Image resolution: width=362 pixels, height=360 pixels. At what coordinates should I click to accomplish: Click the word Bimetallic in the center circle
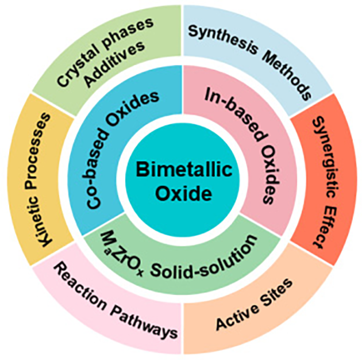click(180, 170)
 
